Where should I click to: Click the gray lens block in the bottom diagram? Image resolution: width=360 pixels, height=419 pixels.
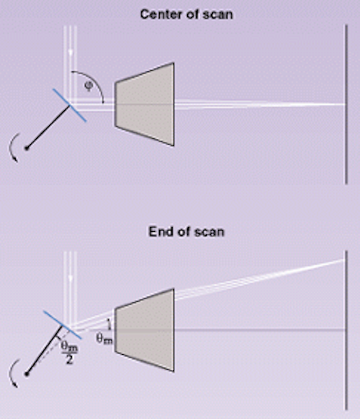(x=145, y=330)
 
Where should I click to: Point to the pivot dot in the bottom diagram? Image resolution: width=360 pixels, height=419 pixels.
(x=26, y=374)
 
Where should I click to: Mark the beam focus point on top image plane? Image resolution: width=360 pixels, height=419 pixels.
(x=346, y=104)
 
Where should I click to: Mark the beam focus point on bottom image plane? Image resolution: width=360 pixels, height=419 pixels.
(x=346, y=260)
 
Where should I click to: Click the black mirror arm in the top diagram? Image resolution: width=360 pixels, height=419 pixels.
(x=48, y=128)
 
